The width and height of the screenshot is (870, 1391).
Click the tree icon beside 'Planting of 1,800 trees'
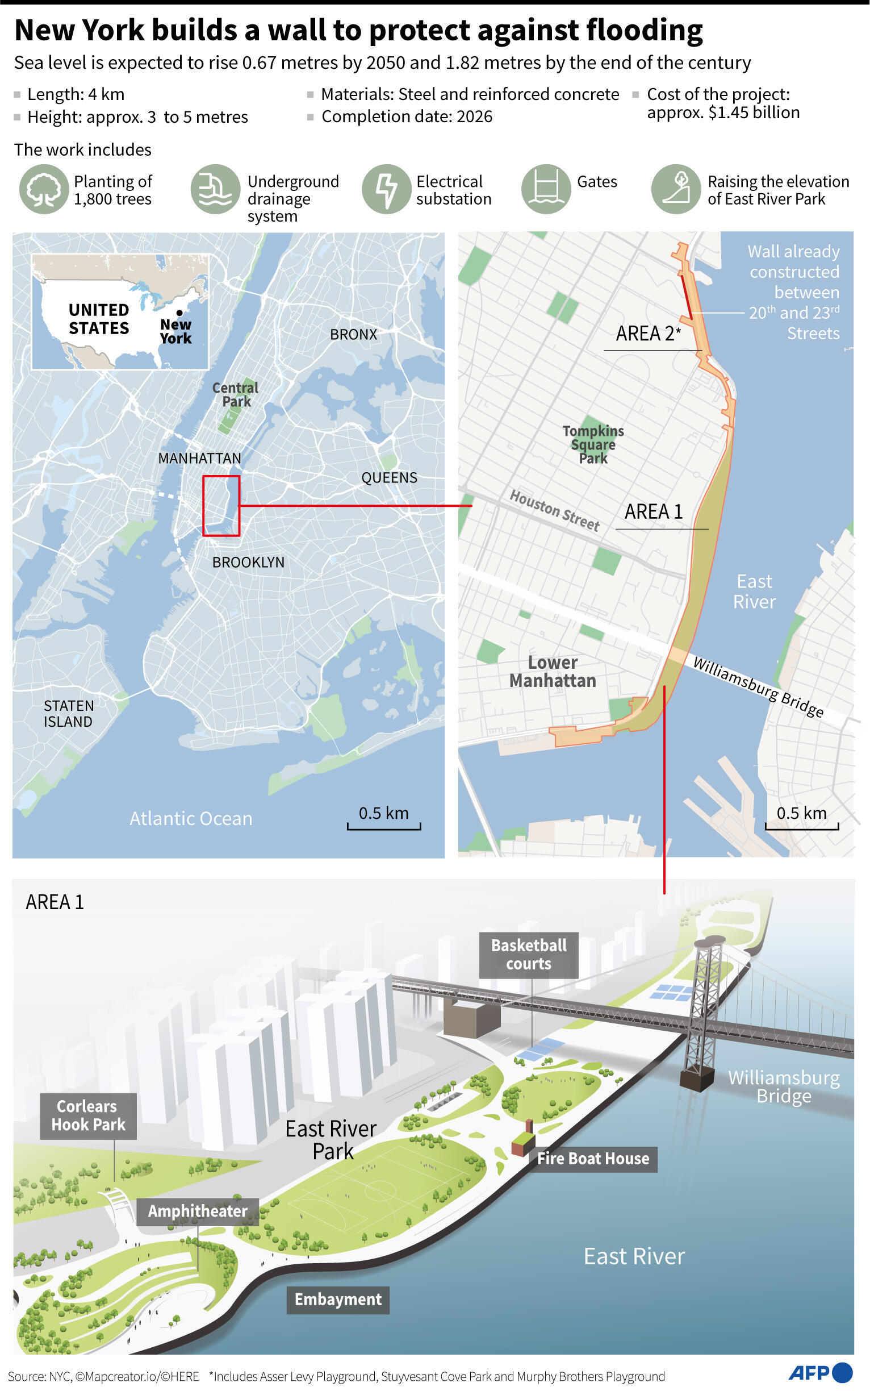44,189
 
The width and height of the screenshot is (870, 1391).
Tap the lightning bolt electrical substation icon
386,189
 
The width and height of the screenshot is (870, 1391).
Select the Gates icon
546,189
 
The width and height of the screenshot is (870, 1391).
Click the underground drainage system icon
215,189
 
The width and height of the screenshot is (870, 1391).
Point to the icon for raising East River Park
676,189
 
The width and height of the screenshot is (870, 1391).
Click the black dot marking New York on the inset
179,313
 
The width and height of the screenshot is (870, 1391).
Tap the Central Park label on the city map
235,394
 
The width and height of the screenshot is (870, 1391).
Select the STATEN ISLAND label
69,713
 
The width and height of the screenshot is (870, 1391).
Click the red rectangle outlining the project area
221,506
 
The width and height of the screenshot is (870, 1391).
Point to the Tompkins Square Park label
593,444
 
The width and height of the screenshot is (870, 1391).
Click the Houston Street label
554,510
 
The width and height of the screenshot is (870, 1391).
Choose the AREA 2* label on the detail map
648,334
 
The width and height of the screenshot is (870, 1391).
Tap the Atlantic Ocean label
190,818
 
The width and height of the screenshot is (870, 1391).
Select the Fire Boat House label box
593,1159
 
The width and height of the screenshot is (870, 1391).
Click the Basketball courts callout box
528,955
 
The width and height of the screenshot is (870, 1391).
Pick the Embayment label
338,1300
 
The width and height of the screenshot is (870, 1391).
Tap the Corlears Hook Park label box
88,1115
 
